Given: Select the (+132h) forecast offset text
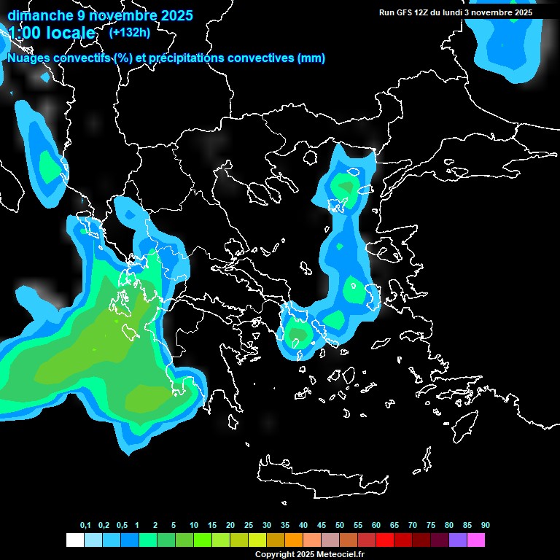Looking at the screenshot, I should coord(129,32).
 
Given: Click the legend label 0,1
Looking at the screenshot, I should coord(85,525).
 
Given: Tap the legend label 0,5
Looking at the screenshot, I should coord(122,525).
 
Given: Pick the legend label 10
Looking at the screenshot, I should coord(194,525).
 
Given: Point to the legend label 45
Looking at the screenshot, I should coord(303,525).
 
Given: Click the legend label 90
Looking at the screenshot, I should coord(486,525).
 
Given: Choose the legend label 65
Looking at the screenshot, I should coord(394,525).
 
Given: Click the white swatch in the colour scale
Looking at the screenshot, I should coord(74,540).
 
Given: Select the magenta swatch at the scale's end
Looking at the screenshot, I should coord(476,540).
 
